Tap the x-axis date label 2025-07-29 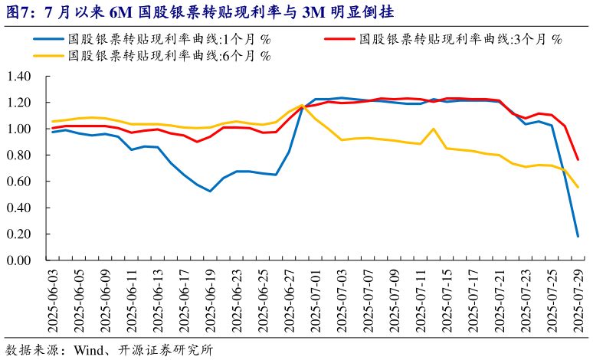coord(578,301)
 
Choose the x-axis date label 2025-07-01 coord(316,301)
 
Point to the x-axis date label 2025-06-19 coord(211,301)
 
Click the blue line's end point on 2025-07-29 coord(578,237)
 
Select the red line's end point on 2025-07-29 coord(578,160)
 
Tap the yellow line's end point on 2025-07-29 coord(578,188)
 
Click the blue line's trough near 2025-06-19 coord(210,191)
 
